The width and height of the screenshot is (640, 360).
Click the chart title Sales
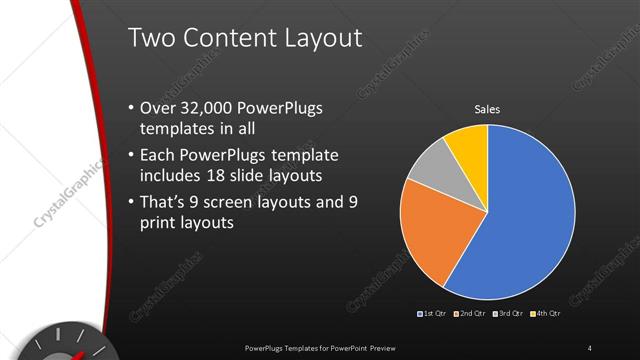pos(487,109)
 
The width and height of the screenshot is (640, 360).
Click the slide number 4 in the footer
pos(589,347)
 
